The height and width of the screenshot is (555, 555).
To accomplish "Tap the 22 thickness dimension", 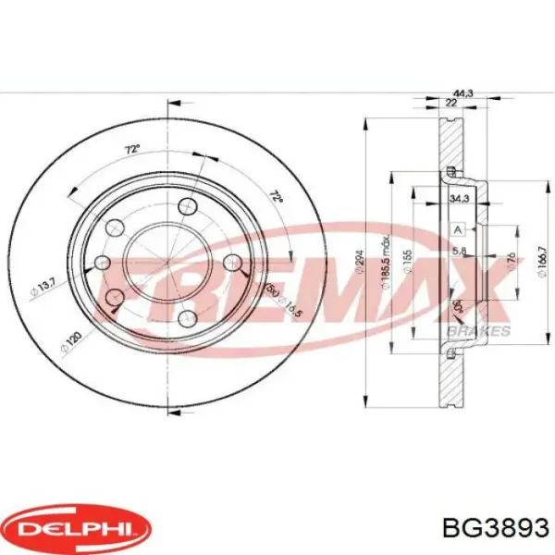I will (450, 104).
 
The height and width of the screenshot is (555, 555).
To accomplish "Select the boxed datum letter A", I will (457, 228).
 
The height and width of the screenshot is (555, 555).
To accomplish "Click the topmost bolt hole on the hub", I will (189, 205).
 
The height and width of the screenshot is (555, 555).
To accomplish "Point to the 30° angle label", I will (455, 306).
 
